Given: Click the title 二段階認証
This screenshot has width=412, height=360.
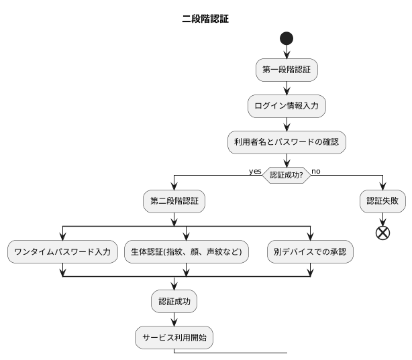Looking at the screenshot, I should pos(205,19).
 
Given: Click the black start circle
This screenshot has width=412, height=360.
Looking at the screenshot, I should pos(287,38).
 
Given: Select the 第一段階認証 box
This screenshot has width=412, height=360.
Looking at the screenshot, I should pos(287,70).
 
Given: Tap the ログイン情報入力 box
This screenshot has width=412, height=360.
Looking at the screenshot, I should pos(287,105).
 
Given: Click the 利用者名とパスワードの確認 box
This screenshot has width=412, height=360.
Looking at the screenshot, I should pos(287,141).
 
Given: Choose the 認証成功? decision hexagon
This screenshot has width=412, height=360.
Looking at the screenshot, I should pos(287,175).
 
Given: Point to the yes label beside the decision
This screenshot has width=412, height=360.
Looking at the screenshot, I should pos(255,171).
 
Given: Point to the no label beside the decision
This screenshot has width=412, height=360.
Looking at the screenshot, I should pos(316,171).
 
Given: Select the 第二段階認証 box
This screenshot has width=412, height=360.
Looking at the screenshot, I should pos(174,200).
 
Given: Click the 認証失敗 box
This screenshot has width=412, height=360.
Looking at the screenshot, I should pos(382,200).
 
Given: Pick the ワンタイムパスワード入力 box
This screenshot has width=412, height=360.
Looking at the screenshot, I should pos(62,252).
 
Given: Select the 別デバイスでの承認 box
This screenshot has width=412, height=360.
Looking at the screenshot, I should pos(311,252).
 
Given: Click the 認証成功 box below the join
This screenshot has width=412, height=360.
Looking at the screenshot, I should pos(174,302).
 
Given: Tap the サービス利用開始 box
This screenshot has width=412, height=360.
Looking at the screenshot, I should pos(174,338).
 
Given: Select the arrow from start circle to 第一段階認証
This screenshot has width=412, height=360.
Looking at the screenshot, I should pos(287,52).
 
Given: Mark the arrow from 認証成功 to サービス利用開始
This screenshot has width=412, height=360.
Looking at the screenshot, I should pos(174,320).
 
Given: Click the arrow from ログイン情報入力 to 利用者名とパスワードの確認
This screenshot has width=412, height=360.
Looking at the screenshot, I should pos(287,123).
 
